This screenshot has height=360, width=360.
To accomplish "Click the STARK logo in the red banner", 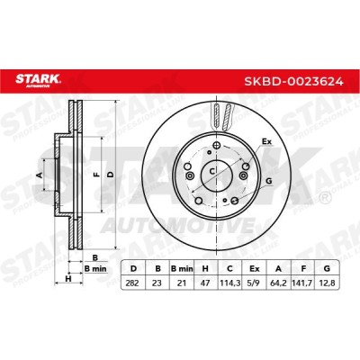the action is point(38,80).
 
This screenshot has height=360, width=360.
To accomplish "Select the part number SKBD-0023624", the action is point(293,81).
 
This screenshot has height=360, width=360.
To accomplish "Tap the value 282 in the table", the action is point(132,283).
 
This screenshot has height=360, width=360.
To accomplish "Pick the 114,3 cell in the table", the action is point(229,283).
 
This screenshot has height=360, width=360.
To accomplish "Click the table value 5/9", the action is point(255,283).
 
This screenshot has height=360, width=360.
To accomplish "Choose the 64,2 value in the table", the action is point(278,283).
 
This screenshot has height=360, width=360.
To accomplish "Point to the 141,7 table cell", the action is point(303,283).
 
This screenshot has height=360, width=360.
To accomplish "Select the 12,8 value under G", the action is point(327,283).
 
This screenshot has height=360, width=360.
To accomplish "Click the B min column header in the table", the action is point(182,269).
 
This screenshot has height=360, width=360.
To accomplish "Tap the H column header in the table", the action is point(205,269).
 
